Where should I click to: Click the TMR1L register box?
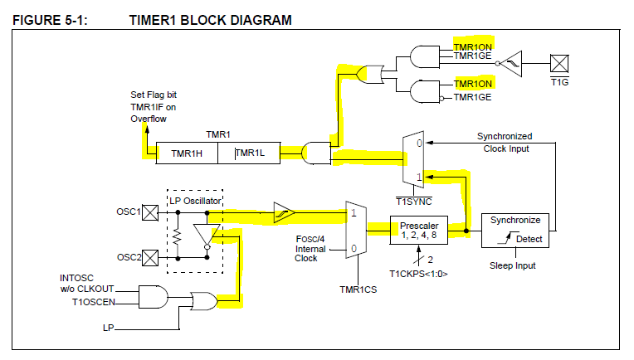[x=248, y=153]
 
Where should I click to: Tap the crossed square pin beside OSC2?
[x=151, y=257]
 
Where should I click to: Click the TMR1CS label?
[x=357, y=289]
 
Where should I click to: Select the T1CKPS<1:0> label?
[x=419, y=273]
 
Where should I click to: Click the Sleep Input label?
[x=512, y=265]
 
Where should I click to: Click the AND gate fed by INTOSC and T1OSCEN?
[x=152, y=296]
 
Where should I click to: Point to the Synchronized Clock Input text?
[x=504, y=143]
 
